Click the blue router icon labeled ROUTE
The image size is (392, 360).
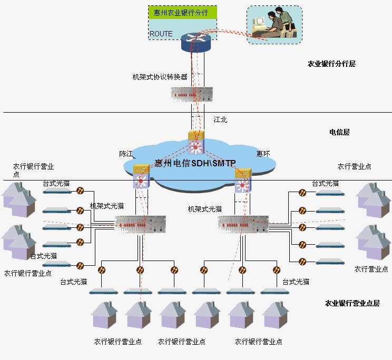(195, 42)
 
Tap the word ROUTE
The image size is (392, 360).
(161, 34)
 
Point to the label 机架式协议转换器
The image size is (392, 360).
(160, 77)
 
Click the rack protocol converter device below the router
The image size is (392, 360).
(191, 94)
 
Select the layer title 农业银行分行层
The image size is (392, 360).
(331, 64)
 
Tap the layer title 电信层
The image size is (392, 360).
(339, 132)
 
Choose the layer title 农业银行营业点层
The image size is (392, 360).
(352, 303)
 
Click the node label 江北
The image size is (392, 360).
(220, 120)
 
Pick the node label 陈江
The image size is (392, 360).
(126, 154)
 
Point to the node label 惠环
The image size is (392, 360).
(263, 154)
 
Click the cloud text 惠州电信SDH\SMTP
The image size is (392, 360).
(195, 163)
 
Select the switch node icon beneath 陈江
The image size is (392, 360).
(142, 177)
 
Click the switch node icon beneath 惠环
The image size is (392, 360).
(244, 178)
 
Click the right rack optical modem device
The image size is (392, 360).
(243, 225)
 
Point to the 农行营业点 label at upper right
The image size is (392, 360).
(354, 166)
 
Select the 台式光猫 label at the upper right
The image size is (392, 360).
(325, 183)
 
